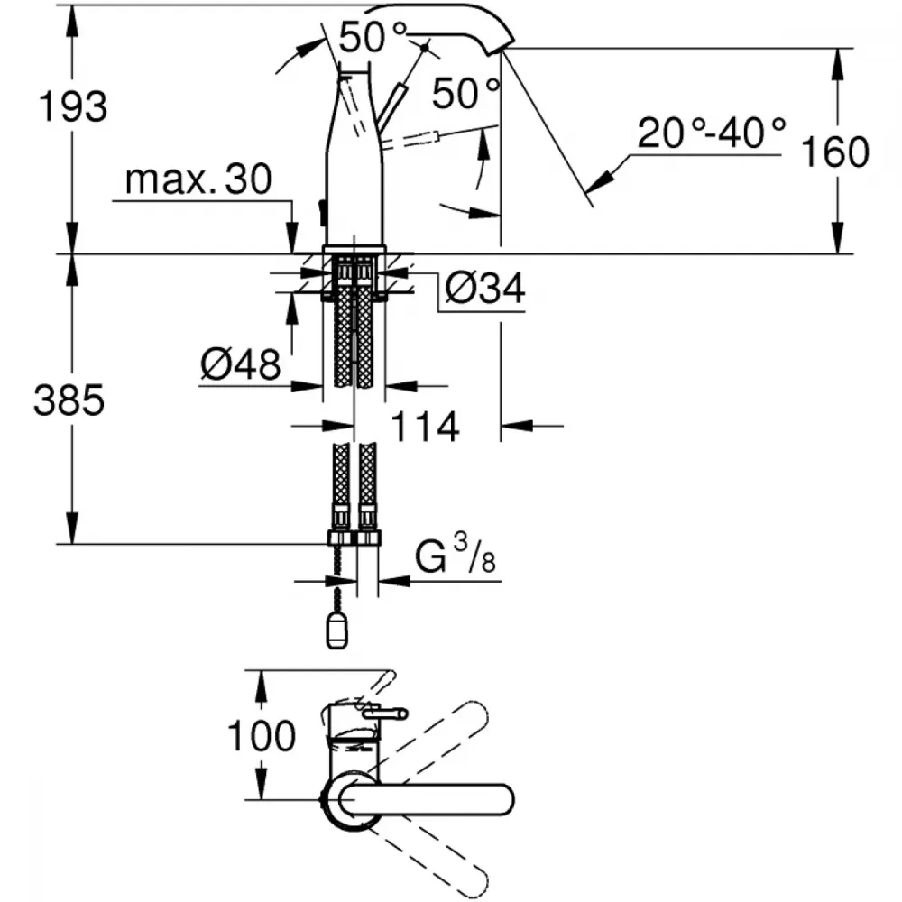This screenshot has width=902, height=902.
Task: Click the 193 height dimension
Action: (x=72, y=106)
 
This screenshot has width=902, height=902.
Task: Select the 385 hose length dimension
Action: (x=69, y=400)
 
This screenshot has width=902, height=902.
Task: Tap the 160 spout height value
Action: (x=834, y=152)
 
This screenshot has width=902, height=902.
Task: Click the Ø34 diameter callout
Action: (x=485, y=288)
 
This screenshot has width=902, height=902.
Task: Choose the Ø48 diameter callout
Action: (x=241, y=364)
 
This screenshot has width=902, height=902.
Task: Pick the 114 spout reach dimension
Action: (x=425, y=427)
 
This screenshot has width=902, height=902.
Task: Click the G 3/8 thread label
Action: (x=455, y=554)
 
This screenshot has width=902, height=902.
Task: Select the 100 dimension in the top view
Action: (x=262, y=735)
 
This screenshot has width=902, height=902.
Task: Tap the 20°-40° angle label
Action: (x=711, y=133)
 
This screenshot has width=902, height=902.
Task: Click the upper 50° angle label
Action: (x=373, y=36)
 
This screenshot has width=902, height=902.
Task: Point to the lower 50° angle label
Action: (x=465, y=93)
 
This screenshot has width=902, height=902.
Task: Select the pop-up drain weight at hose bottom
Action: (x=336, y=630)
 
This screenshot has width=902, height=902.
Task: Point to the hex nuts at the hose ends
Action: (x=354, y=538)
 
